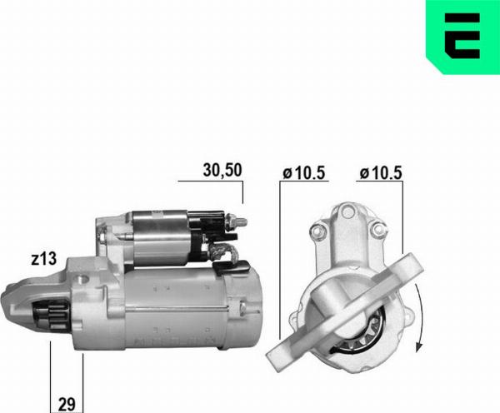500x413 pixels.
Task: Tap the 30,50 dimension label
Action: click(222, 170)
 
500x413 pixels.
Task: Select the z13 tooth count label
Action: click(44, 259)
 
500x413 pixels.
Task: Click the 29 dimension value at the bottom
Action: click(67, 405)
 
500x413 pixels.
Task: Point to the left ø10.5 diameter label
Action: click(304, 173)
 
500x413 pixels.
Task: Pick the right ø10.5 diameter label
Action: click(381, 173)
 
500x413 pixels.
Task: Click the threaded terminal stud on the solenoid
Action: click(237, 221)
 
